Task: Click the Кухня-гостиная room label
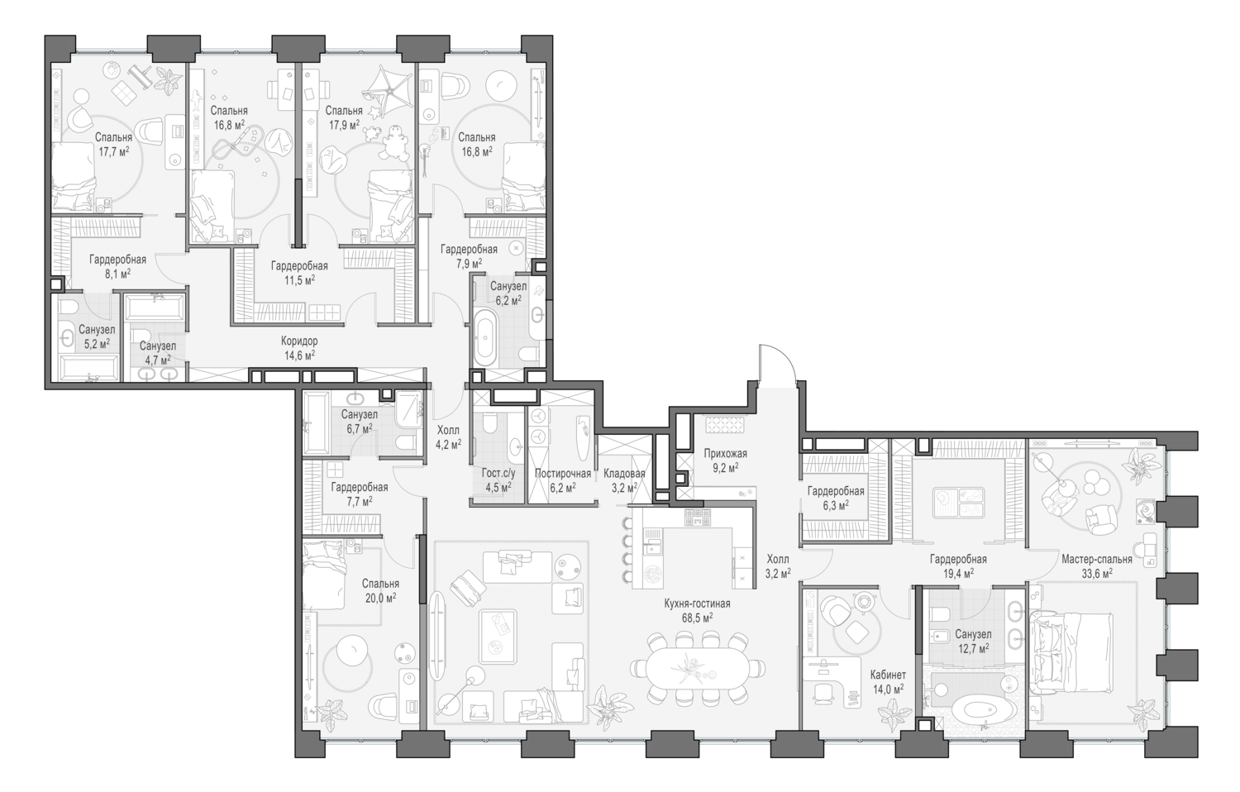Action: (x=697, y=604)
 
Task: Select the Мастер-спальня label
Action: (x=1096, y=559)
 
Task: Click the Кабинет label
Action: (x=887, y=675)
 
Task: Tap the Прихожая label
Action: (x=725, y=453)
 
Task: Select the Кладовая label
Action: (x=624, y=474)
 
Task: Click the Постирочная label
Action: (x=562, y=474)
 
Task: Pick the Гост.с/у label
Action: (x=498, y=474)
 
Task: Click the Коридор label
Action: (x=298, y=341)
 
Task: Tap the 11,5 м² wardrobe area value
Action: (x=298, y=279)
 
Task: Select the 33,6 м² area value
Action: (x=1096, y=572)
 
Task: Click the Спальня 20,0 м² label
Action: (x=379, y=584)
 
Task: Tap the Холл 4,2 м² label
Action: (x=448, y=430)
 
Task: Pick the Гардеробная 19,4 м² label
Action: (x=957, y=559)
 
